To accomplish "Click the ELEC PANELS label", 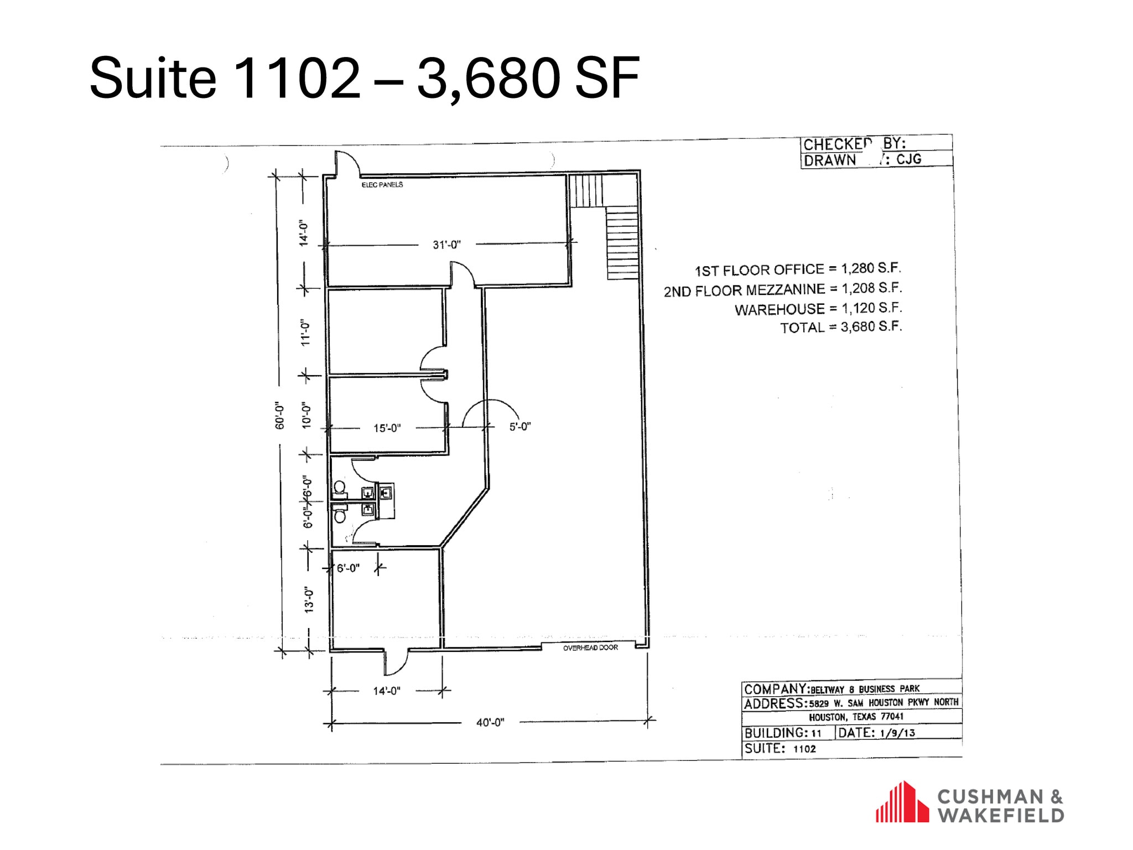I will [382, 185].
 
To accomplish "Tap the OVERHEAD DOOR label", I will [590, 647].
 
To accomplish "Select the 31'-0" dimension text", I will [446, 245].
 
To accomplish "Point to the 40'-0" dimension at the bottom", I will [490, 723].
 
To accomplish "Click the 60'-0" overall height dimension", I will [280, 416].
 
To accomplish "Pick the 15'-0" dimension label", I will [387, 428].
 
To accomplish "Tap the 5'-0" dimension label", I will [519, 427].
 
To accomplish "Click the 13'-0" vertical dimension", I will [309, 600].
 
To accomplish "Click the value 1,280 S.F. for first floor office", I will [871, 268].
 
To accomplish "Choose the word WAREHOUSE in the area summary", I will [779, 309].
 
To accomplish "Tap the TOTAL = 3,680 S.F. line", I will [840, 328].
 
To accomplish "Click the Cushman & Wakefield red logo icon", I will [902, 802].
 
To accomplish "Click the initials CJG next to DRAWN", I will [909, 159].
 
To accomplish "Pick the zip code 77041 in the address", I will [892, 717].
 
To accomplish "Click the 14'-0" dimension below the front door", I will [386, 691].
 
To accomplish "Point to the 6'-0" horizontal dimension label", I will [348, 568].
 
